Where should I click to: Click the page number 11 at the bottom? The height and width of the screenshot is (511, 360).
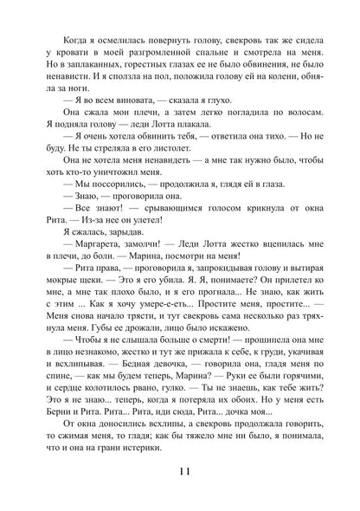click(180, 470)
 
